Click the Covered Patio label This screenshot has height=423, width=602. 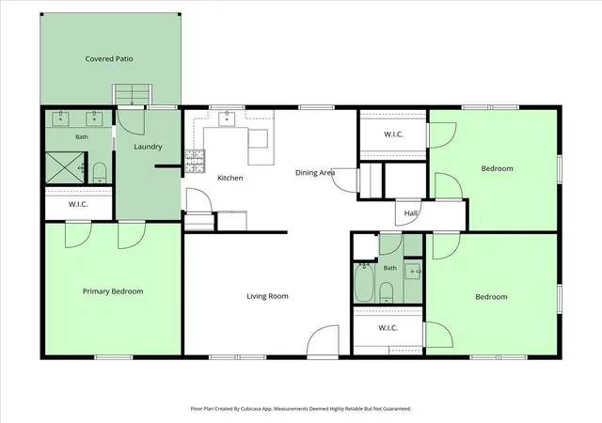click(109, 58)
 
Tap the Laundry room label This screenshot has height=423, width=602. click(148, 147)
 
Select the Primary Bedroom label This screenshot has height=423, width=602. click(113, 291)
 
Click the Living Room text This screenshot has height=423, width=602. click(267, 296)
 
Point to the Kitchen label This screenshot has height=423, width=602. click(230, 178)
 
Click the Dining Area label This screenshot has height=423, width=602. click(315, 173)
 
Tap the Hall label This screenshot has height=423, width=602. click(410, 213)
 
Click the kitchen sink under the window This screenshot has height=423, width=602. click(227, 118)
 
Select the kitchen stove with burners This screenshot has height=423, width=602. click(195, 161)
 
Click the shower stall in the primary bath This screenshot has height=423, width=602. click(65, 167)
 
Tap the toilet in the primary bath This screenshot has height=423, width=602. click(100, 173)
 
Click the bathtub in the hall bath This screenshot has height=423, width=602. click(364, 283)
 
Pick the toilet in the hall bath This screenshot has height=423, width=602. click(387, 292)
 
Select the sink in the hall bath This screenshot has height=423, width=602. click(413, 272)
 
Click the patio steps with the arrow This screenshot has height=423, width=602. click(132, 94)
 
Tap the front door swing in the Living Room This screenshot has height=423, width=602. click(323, 340)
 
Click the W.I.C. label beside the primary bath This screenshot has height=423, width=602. click(78, 204)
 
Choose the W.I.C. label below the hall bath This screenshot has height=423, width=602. click(388, 328)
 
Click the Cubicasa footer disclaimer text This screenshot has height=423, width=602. click(301, 409)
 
